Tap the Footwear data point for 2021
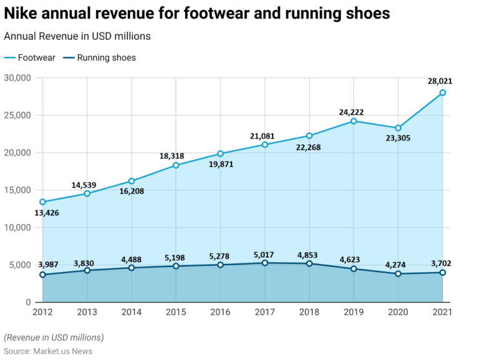[442, 93]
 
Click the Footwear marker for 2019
[354, 121]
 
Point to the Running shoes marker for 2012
[42, 275]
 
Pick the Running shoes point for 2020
[398, 274]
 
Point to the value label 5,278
[220, 256]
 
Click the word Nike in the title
[22, 13]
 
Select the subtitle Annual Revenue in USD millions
[77, 37]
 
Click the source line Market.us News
[48, 351]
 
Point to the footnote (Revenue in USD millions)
[54, 338]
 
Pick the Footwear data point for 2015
[176, 165]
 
